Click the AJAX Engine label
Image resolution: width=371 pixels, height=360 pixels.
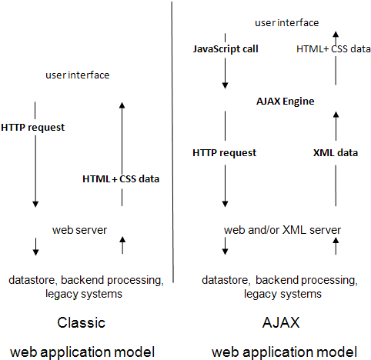[285, 102]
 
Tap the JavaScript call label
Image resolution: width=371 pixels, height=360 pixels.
[226, 49]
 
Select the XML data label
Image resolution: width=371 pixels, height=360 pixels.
[336, 153]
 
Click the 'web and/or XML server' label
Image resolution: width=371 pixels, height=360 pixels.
[282, 230]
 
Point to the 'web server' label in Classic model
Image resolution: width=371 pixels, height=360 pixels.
[79, 230]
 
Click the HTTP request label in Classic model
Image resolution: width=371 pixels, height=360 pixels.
[33, 128]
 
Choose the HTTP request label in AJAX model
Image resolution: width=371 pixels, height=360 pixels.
[224, 153]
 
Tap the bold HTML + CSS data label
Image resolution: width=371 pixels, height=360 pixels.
[121, 178]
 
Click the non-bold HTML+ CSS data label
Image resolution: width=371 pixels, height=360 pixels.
[333, 49]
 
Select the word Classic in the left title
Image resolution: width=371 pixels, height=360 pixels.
[81, 322]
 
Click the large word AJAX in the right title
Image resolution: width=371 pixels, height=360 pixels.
[281, 322]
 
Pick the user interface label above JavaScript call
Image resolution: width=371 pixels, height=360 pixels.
[286, 23]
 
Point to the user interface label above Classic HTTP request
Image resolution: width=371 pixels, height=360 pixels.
[78, 75]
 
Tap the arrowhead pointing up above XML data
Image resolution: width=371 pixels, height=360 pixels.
[336, 115]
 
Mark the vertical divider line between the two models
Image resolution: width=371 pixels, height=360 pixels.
[172, 142]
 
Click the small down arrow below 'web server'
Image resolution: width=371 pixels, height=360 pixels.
[35, 247]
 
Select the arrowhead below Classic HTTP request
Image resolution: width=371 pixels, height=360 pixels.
[35, 204]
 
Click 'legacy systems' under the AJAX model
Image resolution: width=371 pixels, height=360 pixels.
[282, 294]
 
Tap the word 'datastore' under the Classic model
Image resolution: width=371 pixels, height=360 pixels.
[32, 280]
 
